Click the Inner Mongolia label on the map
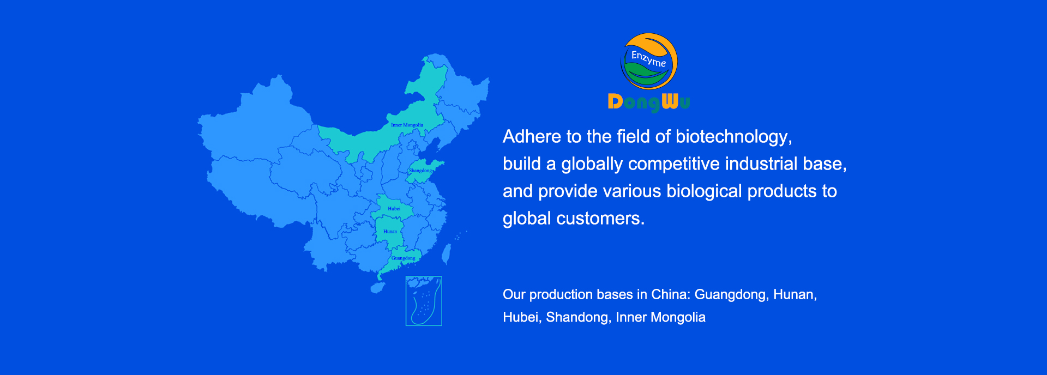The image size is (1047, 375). point(407,125)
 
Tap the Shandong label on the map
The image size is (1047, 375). point(420,171)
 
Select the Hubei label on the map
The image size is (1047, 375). point(394,209)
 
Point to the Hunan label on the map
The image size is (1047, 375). point(390,232)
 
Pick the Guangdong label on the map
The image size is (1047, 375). point(404,258)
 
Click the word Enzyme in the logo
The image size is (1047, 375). point(648,59)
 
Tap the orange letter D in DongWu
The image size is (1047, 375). point(615,101)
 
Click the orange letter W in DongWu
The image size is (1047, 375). point(670,101)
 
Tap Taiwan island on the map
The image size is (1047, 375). point(446,254)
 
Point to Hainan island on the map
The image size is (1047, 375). point(377,287)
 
